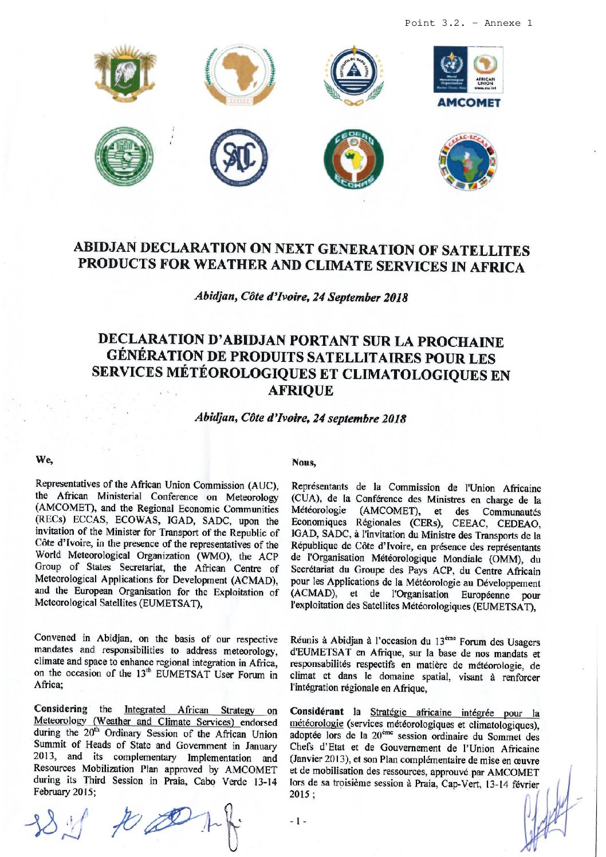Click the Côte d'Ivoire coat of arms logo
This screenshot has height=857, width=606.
pyautogui.click(x=125, y=74)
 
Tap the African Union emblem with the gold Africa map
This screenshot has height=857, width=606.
pyautogui.click(x=239, y=76)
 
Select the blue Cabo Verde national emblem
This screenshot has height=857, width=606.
pyautogui.click(x=353, y=76)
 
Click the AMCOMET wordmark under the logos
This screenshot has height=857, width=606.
pyautogui.click(x=468, y=103)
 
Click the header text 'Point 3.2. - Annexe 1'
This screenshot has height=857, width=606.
pyautogui.click(x=468, y=23)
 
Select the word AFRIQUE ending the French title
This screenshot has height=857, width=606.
pyautogui.click(x=300, y=390)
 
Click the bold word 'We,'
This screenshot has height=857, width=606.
pyautogui.click(x=44, y=459)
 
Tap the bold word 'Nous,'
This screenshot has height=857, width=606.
pyautogui.click(x=304, y=461)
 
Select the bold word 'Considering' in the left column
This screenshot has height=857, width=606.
pyautogui.click(x=61, y=709)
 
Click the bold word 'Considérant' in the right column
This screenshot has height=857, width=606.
pyautogui.click(x=317, y=712)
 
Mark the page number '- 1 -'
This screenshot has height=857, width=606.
pyautogui.click(x=298, y=821)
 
